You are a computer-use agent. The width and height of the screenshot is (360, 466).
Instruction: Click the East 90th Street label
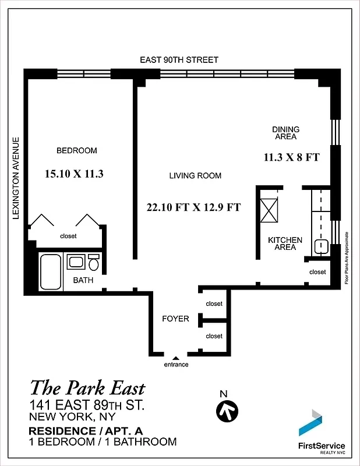[x=179, y=60]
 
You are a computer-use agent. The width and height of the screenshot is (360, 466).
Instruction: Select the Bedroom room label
[x=76, y=151]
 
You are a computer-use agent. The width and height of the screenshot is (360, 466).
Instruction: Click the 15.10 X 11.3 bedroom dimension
[x=74, y=174]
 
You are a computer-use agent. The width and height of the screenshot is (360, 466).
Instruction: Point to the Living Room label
[x=195, y=175]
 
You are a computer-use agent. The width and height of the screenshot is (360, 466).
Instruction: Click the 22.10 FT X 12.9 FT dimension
[x=194, y=207]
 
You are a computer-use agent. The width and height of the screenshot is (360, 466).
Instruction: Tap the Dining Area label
[x=285, y=133]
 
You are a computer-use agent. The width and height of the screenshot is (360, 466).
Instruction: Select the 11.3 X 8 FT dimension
[x=291, y=157]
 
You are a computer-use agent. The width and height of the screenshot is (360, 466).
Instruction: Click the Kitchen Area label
[x=285, y=243]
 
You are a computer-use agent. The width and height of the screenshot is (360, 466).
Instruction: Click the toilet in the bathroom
[x=94, y=263]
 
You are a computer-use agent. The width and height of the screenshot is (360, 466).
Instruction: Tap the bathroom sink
[x=76, y=262]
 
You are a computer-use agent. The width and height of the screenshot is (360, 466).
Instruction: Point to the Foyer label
[x=175, y=319]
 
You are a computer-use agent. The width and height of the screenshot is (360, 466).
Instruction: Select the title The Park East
[x=87, y=388]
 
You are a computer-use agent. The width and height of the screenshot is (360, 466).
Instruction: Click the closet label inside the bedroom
[x=68, y=236]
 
